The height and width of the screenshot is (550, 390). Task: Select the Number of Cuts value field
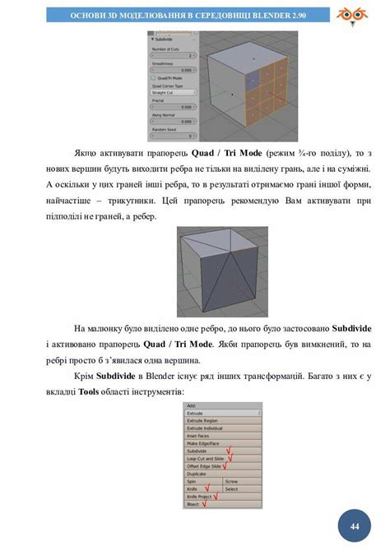[171, 56]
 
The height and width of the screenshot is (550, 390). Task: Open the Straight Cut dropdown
[171, 93]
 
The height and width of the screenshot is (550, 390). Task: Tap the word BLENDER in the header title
[258, 14]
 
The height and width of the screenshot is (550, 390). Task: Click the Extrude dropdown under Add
[222, 413]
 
